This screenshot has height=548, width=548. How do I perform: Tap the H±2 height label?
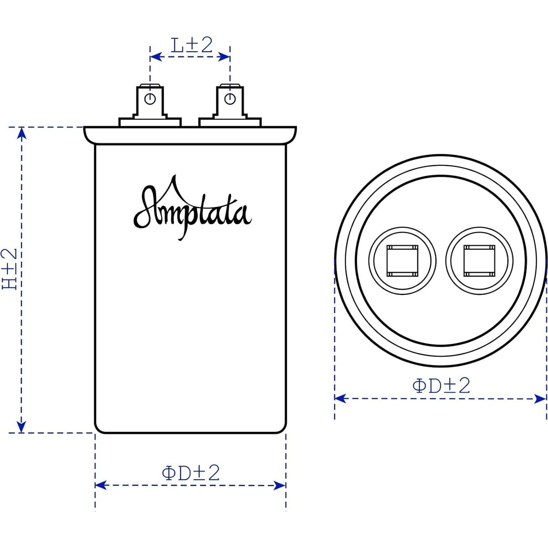[10, 269]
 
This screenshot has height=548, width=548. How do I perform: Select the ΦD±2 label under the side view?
[191, 472]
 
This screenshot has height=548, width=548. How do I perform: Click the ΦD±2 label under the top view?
[441, 385]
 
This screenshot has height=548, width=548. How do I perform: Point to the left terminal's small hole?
[150, 98]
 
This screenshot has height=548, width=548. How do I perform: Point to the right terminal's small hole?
[230, 98]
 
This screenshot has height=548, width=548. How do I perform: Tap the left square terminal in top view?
[402, 260]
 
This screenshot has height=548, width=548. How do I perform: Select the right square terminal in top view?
[479, 260]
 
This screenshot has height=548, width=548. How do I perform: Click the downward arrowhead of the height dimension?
[22, 427]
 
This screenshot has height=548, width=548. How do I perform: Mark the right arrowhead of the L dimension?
[224, 57]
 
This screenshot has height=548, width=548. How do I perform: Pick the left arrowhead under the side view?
[101, 485]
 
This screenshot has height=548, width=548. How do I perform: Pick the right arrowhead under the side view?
[279, 485]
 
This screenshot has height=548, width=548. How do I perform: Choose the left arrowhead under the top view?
[341, 398]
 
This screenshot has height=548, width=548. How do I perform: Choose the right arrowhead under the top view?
[540, 398]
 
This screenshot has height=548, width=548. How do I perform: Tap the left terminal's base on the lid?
[150, 122]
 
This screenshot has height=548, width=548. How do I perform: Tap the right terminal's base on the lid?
[230, 122]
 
